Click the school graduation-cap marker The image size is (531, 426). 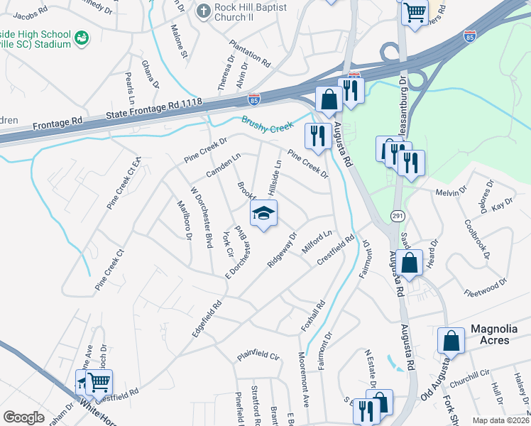pyautogui.click(x=263, y=214)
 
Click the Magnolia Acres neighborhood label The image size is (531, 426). pyautogui.click(x=499, y=334)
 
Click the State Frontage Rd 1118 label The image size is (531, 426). pyautogui.click(x=154, y=109)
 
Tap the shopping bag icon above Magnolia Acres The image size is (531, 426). pyautogui.click(x=451, y=341)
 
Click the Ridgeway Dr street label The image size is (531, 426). pyautogui.click(x=282, y=249)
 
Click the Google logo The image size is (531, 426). pyautogui.click(x=23, y=417)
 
